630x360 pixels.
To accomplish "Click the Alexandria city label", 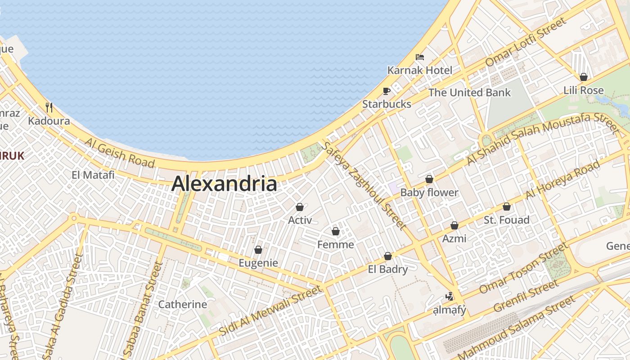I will pyautogui.click(x=224, y=184).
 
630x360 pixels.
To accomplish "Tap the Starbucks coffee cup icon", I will pyautogui.click(x=386, y=91).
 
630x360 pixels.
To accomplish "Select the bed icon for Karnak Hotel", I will pyautogui.click(x=420, y=57).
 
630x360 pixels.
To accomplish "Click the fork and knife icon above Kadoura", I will pyautogui.click(x=49, y=108).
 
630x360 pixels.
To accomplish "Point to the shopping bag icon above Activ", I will pyautogui.click(x=300, y=207).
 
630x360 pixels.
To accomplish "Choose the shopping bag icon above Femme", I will pyautogui.click(x=335, y=231).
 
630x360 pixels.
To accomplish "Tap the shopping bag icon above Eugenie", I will pyautogui.click(x=258, y=250).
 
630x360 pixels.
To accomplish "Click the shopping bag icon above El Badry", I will pyautogui.click(x=388, y=256).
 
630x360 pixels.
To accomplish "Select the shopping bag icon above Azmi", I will pyautogui.click(x=454, y=225).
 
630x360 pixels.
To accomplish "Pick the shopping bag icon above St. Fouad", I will pyautogui.click(x=507, y=207).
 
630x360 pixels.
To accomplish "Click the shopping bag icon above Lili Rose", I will pyautogui.click(x=584, y=77).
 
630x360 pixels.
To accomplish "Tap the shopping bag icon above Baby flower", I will pyautogui.click(x=429, y=179).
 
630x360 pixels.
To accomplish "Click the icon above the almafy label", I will pyautogui.click(x=449, y=296).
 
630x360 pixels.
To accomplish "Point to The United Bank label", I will pyautogui.click(x=469, y=93).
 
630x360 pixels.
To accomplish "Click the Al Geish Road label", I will pyautogui.click(x=119, y=153).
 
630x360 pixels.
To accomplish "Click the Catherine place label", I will pyautogui.click(x=183, y=304).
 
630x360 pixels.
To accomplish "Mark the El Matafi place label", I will pyautogui.click(x=93, y=175).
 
